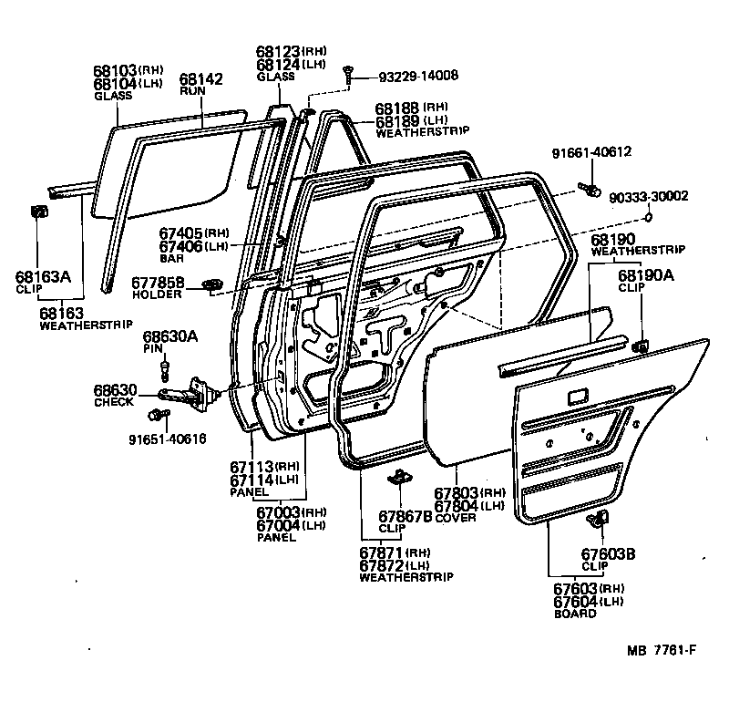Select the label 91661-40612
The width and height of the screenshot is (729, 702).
[591, 152]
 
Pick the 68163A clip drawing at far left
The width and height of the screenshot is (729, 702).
[40, 213]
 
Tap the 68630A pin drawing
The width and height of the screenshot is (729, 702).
[165, 369]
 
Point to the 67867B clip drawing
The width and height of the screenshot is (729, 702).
[398, 478]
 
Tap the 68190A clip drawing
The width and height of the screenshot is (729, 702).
[641, 345]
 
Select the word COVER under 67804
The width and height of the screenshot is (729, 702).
[456, 518]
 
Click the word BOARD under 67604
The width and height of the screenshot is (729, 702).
[574, 614]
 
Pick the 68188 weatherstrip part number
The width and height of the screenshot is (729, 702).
[397, 108]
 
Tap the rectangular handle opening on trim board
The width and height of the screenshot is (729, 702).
[577, 397]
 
